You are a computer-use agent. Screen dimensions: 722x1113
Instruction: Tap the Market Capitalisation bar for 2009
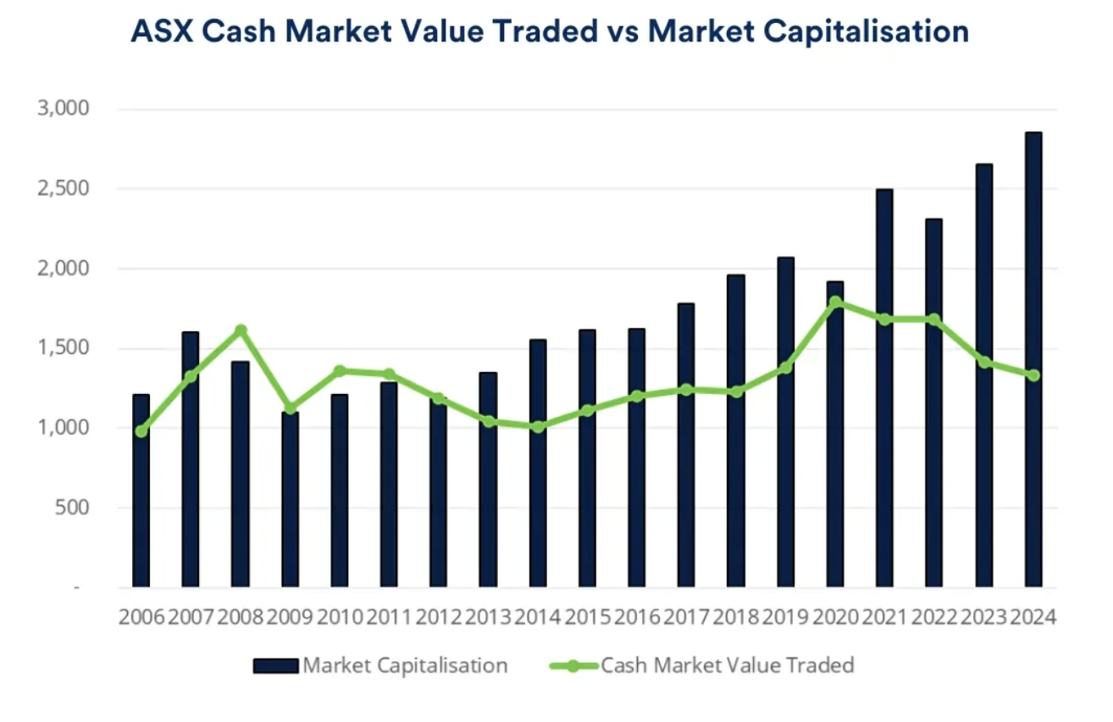click(x=290, y=500)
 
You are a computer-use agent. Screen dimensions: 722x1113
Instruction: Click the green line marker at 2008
click(x=241, y=330)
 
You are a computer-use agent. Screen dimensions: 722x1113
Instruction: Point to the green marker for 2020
click(x=835, y=302)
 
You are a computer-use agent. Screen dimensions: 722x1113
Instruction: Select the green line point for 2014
click(x=538, y=426)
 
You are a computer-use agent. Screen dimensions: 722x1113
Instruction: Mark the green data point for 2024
click(x=1033, y=375)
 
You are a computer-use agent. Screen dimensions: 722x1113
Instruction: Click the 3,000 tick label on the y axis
click(x=64, y=109)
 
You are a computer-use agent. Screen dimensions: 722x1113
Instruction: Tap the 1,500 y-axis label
click(x=64, y=348)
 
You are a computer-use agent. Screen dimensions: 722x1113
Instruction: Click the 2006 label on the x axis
click(x=141, y=616)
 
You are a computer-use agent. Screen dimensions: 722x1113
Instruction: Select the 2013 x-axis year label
click(x=488, y=616)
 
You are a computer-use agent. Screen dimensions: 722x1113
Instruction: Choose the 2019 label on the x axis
click(x=785, y=616)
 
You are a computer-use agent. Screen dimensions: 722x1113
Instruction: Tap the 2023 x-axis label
click(x=983, y=616)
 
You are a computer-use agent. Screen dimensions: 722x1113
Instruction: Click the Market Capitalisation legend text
click(x=405, y=665)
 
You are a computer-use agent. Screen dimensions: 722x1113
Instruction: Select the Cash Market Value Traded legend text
click(x=727, y=665)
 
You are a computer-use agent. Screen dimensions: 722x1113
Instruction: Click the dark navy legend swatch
click(x=275, y=666)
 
